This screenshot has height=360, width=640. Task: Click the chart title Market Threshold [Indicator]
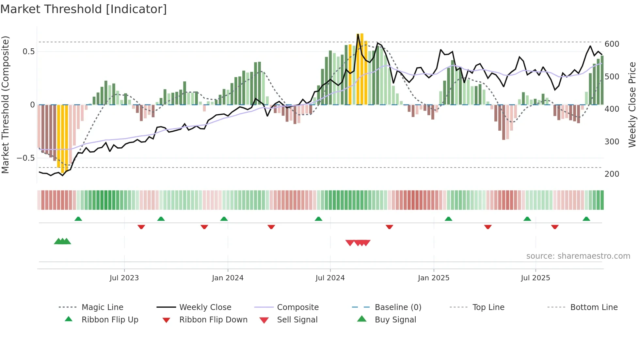[84, 9]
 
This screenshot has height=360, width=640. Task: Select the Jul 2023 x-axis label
[124, 278]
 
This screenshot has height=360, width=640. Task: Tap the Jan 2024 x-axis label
[228, 278]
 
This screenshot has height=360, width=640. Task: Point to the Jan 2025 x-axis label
[434, 278]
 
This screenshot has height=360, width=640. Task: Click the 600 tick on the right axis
[612, 44]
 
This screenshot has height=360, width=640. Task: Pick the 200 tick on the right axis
[612, 174]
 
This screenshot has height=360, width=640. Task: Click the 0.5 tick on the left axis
[28, 52]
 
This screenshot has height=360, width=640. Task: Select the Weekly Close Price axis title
[632, 105]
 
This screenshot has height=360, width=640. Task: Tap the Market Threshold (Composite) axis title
[5, 105]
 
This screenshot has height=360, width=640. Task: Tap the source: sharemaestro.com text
[578, 256]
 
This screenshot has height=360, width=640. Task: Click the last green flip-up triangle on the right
[586, 219]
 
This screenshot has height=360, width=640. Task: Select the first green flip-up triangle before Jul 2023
[78, 219]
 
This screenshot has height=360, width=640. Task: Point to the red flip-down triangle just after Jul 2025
[555, 227]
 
